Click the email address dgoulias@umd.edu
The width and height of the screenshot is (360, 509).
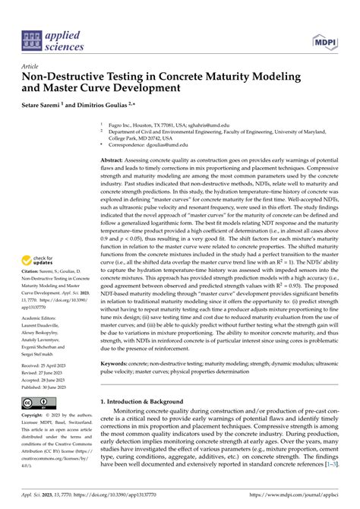tap(167, 144)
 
